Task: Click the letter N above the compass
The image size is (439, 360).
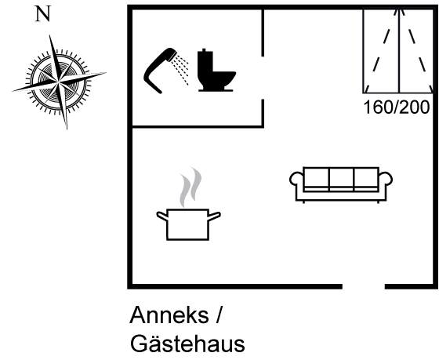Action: (43, 14)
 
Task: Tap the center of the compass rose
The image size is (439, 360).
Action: (58, 82)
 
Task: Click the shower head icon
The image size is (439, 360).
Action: (165, 71)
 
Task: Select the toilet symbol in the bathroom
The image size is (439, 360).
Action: (216, 70)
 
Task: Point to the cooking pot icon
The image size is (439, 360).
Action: (188, 224)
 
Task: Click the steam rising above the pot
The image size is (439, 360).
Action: (190, 187)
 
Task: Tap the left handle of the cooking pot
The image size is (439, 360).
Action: (161, 216)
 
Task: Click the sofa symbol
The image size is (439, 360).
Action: (341, 184)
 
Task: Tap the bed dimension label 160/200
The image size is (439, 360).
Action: (396, 107)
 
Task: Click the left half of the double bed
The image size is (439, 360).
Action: (381, 51)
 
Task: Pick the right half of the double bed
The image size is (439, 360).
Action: (416, 51)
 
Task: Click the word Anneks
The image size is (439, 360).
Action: (169, 315)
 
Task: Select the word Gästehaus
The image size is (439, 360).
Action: (187, 344)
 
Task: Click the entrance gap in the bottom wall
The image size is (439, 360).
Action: (364, 286)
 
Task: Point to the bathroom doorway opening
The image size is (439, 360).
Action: (263, 78)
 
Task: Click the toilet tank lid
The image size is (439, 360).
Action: (205, 51)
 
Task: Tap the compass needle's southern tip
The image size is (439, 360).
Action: (67, 128)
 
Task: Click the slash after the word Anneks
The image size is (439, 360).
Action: (219, 315)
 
